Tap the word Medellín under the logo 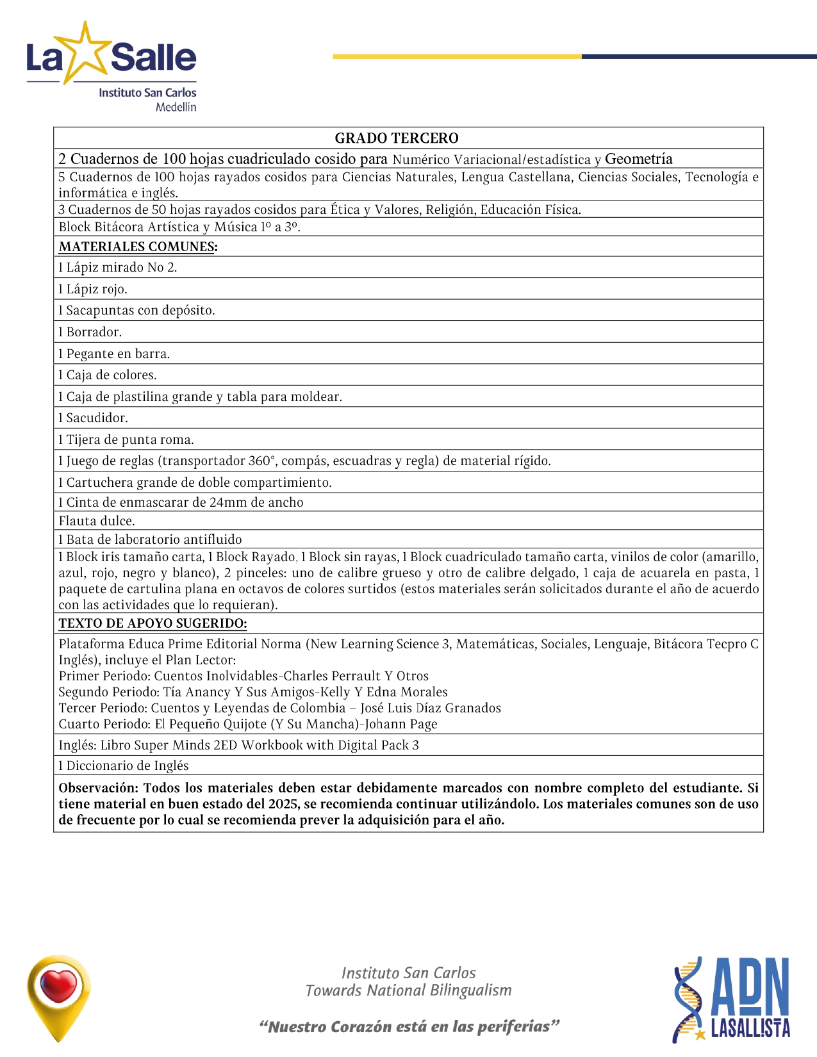pos(176,107)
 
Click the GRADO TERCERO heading pos(397,138)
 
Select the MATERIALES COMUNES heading pos(138,247)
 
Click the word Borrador pos(94,332)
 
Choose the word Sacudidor pos(97,418)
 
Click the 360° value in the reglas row pos(262,461)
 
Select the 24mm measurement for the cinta pos(228,502)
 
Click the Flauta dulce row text pos(97,521)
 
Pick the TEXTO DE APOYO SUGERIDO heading pos(153,623)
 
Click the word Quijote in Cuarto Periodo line pos(242,724)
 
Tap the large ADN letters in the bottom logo pos(750,987)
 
